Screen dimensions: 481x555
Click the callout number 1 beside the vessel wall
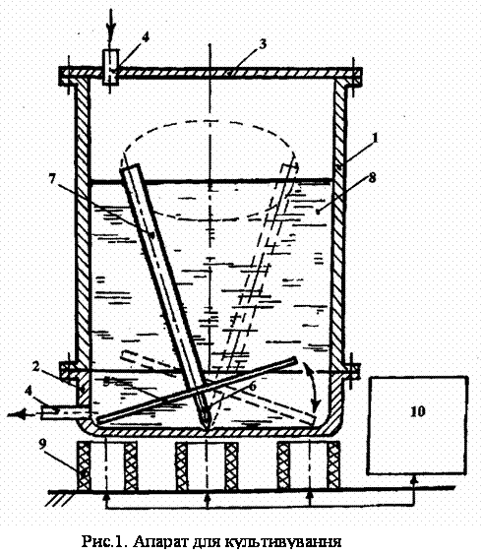click(x=375, y=138)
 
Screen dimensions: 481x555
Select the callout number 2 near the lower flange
click(x=35, y=367)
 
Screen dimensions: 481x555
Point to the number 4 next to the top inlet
click(x=146, y=37)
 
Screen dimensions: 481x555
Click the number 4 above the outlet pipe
click(x=30, y=391)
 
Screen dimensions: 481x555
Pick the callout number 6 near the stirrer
click(x=253, y=386)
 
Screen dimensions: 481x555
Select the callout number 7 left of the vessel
click(x=52, y=179)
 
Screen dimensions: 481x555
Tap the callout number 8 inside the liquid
click(x=372, y=178)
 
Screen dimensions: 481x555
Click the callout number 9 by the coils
click(x=43, y=444)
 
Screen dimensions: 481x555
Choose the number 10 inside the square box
click(x=418, y=411)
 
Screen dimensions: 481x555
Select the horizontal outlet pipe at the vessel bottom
click(x=59, y=412)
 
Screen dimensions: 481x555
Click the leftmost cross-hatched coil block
click(x=84, y=465)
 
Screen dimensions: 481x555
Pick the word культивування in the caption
click(x=282, y=542)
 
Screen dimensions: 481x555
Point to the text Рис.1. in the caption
click(x=104, y=541)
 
